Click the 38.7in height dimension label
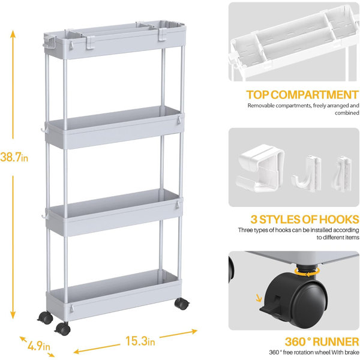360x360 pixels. coord(14,157)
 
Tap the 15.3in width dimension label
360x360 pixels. coord(140,341)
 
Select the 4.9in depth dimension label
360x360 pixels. coord(39,346)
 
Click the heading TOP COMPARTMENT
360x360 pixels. coord(302,95)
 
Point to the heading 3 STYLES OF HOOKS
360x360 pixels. coord(305,219)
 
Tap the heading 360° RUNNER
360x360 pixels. coord(322,341)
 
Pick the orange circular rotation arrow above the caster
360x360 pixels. coord(307,271)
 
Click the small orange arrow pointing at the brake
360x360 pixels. coord(259,298)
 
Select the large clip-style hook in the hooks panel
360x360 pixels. coord(260,168)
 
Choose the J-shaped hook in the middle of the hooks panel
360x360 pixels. coord(307,174)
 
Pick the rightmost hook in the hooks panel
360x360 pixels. coord(343,174)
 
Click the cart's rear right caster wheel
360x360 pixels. coord(182,304)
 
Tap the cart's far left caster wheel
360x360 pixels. coord(46,317)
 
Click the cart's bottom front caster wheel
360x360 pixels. coord(62,329)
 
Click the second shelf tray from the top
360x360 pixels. coord(114,128)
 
